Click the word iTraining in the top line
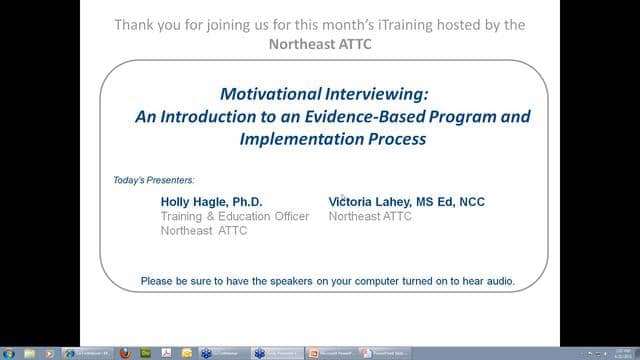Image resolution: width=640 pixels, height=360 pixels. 431,23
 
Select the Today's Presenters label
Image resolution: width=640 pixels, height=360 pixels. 154,180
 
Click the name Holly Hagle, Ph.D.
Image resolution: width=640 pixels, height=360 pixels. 211,201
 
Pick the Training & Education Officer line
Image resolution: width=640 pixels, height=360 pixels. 235,216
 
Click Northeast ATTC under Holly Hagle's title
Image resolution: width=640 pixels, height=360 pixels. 204,231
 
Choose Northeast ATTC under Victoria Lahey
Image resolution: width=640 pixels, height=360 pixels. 370,216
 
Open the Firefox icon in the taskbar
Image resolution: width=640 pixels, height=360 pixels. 125,353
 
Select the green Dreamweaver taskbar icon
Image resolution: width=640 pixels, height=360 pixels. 144,353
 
